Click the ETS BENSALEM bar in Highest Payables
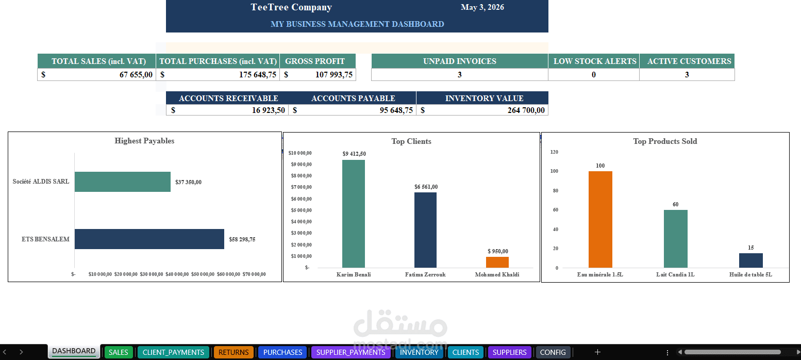[x=149, y=239]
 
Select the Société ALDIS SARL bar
[x=123, y=182]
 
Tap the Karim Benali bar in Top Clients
[x=354, y=214]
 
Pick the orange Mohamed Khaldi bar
[x=497, y=263]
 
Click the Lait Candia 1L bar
[x=675, y=239]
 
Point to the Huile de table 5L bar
[x=751, y=260]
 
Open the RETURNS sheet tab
[x=233, y=352]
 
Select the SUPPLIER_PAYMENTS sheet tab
[x=351, y=352]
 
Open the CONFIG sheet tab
[x=553, y=352]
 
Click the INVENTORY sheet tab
[x=419, y=352]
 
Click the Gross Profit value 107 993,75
[x=334, y=74]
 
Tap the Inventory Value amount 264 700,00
[x=526, y=110]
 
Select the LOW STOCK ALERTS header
[x=595, y=61]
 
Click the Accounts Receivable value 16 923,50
[x=269, y=110]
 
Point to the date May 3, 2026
[x=482, y=7]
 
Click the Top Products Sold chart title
[x=665, y=141]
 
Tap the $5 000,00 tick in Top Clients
[x=301, y=210]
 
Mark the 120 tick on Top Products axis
[x=554, y=152]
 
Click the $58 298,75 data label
[x=242, y=239]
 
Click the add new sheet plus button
[x=597, y=352]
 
